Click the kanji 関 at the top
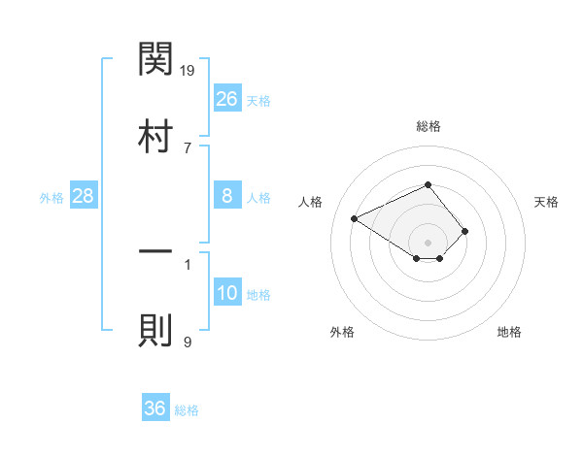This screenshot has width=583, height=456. click(x=155, y=59)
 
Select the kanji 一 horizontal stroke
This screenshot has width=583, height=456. click(x=155, y=252)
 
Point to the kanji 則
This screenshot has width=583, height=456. click(x=155, y=330)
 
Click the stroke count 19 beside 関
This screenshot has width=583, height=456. click(x=188, y=70)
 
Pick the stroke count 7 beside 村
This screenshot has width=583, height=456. click(x=187, y=147)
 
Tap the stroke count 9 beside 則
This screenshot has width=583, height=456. click(x=187, y=342)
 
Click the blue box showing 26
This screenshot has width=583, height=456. click(x=227, y=99)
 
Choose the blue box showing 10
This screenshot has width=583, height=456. click(x=227, y=294)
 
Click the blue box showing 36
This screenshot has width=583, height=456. click(x=155, y=408)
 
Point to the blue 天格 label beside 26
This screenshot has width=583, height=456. click(x=258, y=101)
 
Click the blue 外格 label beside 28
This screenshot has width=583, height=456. click(x=51, y=198)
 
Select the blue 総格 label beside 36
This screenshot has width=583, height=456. click(x=187, y=410)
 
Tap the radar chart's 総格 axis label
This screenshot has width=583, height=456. click(x=429, y=126)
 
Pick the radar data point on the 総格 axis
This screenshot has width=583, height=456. click(x=429, y=184)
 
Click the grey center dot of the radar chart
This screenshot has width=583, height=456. click(x=429, y=242)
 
